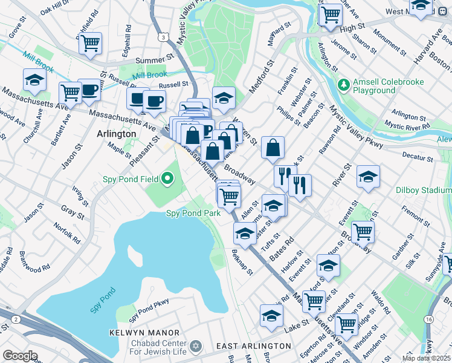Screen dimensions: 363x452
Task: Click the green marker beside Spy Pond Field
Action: [168, 178]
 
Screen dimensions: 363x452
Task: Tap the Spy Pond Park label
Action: [193, 213]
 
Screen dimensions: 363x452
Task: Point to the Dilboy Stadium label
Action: [422, 189]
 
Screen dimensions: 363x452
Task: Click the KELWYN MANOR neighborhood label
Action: [144, 333]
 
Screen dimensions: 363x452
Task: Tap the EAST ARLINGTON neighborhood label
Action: [254, 346]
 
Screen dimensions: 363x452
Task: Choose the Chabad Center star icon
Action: [195, 346]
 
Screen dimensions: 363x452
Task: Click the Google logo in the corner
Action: [20, 356]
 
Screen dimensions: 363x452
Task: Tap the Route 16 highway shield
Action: [428, 319]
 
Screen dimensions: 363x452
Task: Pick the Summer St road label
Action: [155, 60]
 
